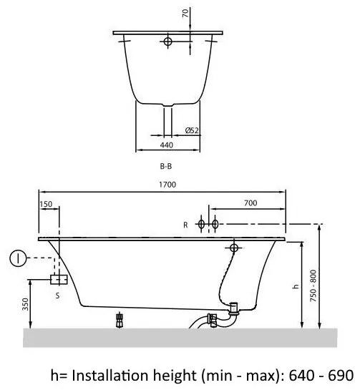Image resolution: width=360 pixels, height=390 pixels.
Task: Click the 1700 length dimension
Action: pyautogui.click(x=167, y=185)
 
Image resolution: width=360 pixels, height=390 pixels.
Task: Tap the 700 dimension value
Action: pyautogui.click(x=250, y=203)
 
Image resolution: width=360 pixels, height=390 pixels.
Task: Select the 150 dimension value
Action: pyautogui.click(x=46, y=204)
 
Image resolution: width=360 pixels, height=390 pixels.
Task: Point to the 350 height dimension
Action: pyautogui.click(x=26, y=304)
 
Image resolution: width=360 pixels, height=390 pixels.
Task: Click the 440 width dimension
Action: pyautogui.click(x=167, y=145)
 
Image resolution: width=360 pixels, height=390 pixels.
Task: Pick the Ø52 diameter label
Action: pyautogui.click(x=192, y=130)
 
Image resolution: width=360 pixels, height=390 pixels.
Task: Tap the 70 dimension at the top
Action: pyautogui.click(x=185, y=13)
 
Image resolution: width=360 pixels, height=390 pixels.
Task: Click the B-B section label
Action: pyautogui.click(x=166, y=166)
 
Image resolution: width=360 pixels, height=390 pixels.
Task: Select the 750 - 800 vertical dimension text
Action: pyautogui.click(x=313, y=286)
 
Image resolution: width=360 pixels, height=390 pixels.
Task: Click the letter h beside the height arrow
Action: pyautogui.click(x=296, y=286)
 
